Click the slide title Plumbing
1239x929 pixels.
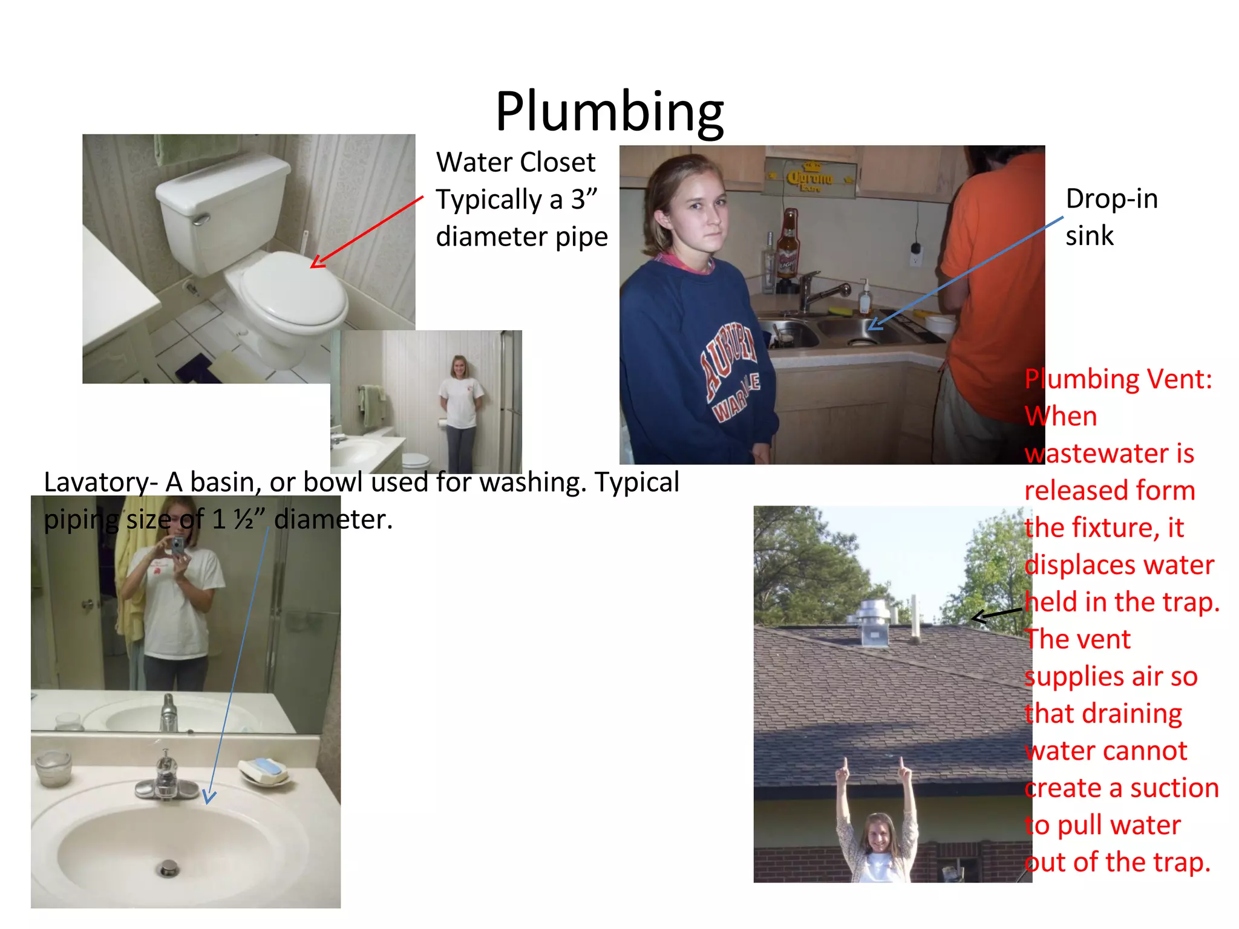click(609, 112)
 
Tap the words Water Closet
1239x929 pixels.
click(515, 162)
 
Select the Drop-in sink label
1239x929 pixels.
click(1111, 217)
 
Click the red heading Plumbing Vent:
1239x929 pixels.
click(1118, 379)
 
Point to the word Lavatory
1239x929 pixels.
click(97, 483)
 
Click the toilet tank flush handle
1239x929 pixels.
click(201, 218)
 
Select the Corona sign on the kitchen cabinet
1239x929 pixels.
click(809, 178)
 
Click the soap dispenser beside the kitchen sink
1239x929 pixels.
click(865, 298)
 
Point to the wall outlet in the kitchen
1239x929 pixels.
click(915, 254)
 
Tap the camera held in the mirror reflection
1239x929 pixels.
click(177, 546)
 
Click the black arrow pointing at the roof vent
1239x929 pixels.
click(997, 615)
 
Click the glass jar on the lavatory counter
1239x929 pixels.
click(53, 769)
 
